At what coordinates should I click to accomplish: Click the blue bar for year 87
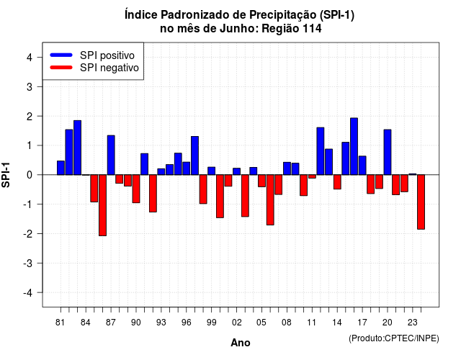pos(111,156)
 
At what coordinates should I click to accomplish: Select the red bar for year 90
pos(136,189)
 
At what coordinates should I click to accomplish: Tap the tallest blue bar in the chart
pos(354,146)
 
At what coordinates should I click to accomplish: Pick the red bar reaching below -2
pos(102,205)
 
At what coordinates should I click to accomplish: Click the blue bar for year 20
pos(388,152)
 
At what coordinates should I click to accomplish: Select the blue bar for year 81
pos(61,168)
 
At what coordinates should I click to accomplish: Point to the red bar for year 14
pos(337,182)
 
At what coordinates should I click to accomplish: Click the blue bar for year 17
pos(362,166)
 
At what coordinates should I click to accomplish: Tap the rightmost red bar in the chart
pos(421,202)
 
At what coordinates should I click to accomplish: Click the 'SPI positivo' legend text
pos(107,55)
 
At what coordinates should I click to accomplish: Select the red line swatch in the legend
pos(61,68)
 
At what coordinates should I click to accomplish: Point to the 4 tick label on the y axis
pos(30,58)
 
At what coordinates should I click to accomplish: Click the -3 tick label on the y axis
pos(28,263)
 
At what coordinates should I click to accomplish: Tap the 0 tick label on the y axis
pos(30,175)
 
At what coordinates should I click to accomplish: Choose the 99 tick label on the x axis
pos(211,323)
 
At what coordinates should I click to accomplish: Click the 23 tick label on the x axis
pos(413,323)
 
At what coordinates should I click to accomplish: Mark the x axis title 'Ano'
pos(241,343)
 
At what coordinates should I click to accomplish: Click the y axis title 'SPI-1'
pos(6,175)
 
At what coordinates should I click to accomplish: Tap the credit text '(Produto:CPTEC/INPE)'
pos(394,338)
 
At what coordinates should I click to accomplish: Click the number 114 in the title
pos(312,29)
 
